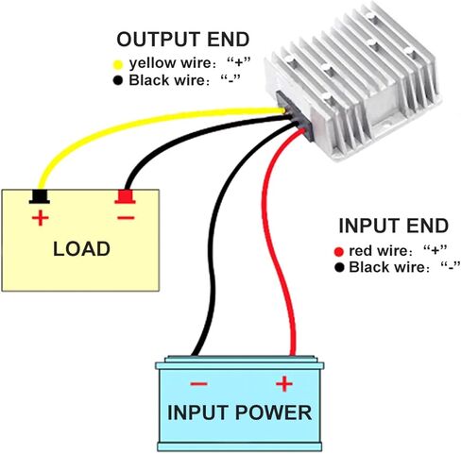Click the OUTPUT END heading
pos(183,40)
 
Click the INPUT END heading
pos(393,226)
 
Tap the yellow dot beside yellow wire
pos(118,65)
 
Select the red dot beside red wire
pos(339,252)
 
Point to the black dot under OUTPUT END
pos(118,80)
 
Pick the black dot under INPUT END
pos(339,268)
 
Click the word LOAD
pos(81,249)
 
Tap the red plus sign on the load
pos(40,218)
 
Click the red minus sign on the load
pos(126,217)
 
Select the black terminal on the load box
pos(40,196)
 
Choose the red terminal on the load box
pos(125,196)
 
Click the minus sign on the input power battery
pos(198,384)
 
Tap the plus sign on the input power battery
pos(284,383)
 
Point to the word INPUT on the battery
pos(197,412)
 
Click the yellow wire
pos(126,126)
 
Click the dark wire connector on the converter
pos(295,115)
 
